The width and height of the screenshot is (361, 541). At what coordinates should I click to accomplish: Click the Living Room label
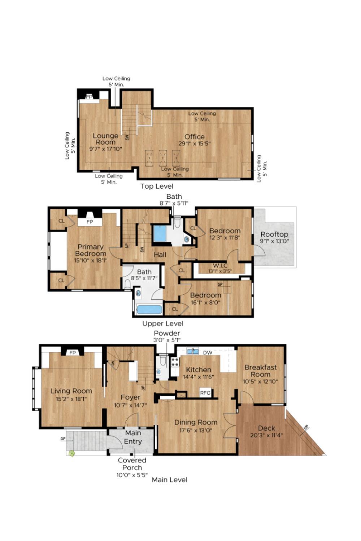[x=71, y=391]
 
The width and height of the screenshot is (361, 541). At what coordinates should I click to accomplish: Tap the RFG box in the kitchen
[x=205, y=393]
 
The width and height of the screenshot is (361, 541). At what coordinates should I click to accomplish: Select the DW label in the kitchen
[x=208, y=353]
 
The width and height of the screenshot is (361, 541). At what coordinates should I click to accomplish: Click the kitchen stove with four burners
[x=175, y=362]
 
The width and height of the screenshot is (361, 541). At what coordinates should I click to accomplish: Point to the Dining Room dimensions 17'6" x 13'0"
[x=196, y=430]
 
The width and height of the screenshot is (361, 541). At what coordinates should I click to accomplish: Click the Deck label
[x=266, y=428]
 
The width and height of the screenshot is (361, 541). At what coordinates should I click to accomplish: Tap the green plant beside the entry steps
[x=71, y=453]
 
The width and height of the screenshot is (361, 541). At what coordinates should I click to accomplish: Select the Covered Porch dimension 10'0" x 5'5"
[x=132, y=475]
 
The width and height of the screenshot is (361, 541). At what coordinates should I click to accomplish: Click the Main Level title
[x=170, y=480]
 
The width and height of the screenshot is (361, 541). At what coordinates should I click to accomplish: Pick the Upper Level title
[x=163, y=324]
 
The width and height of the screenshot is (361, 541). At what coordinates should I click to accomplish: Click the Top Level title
[x=157, y=186]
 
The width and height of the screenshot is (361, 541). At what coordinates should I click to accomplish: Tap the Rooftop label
[x=274, y=234]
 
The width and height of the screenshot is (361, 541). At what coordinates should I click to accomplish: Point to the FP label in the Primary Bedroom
[x=90, y=222]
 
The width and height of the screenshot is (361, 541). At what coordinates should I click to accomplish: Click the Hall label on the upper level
[x=160, y=255]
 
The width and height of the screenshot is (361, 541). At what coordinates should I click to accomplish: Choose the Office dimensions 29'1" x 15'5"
[x=195, y=144]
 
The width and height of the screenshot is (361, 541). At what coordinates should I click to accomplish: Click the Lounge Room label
[x=106, y=139]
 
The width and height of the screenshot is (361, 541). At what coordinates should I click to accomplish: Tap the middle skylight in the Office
[x=163, y=158]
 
